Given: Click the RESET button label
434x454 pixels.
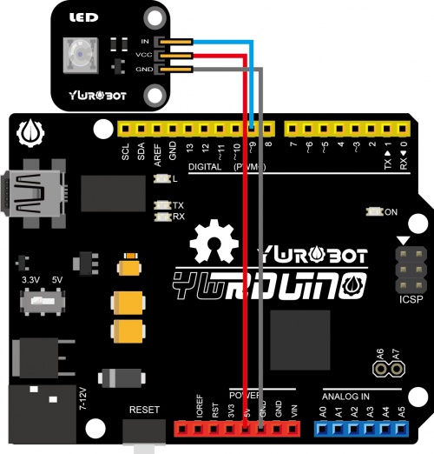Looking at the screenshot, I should click(x=143, y=409).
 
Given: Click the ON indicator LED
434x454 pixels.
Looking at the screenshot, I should click(x=374, y=211).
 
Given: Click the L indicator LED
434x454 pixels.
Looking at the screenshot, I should click(x=161, y=178).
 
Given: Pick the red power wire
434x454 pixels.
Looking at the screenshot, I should click(x=246, y=261).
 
